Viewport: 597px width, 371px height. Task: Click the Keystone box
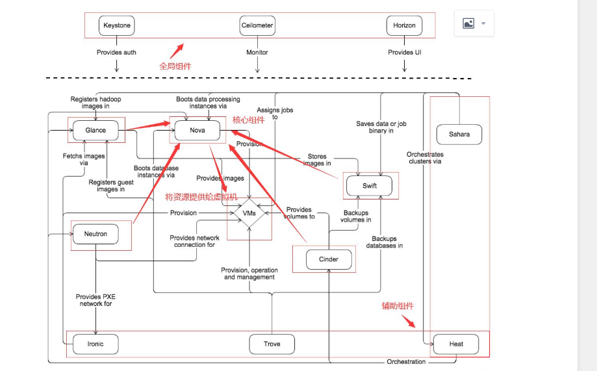point(117,26)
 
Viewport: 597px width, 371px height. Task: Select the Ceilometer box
point(257,26)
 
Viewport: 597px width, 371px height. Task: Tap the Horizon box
point(404,26)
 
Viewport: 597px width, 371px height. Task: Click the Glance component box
point(95,130)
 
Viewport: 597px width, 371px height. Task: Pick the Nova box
point(197,130)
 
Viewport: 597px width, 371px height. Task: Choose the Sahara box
point(459,134)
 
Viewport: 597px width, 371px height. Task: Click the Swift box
point(369,186)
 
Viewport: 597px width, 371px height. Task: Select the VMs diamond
point(249,213)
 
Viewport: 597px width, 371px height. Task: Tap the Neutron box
point(95,234)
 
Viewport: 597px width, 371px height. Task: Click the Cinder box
point(329,260)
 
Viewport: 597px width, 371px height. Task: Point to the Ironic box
point(95,344)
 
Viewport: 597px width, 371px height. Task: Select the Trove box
point(272,344)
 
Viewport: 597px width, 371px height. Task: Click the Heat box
point(456,344)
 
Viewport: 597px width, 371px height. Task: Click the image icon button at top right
point(474,23)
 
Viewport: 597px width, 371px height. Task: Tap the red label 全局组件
point(175,66)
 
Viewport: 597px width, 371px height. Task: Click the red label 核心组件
point(248,120)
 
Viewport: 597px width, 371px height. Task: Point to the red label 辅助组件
point(398,306)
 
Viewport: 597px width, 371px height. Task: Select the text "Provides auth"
point(116,52)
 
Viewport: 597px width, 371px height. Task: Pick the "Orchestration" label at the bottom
point(406,362)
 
